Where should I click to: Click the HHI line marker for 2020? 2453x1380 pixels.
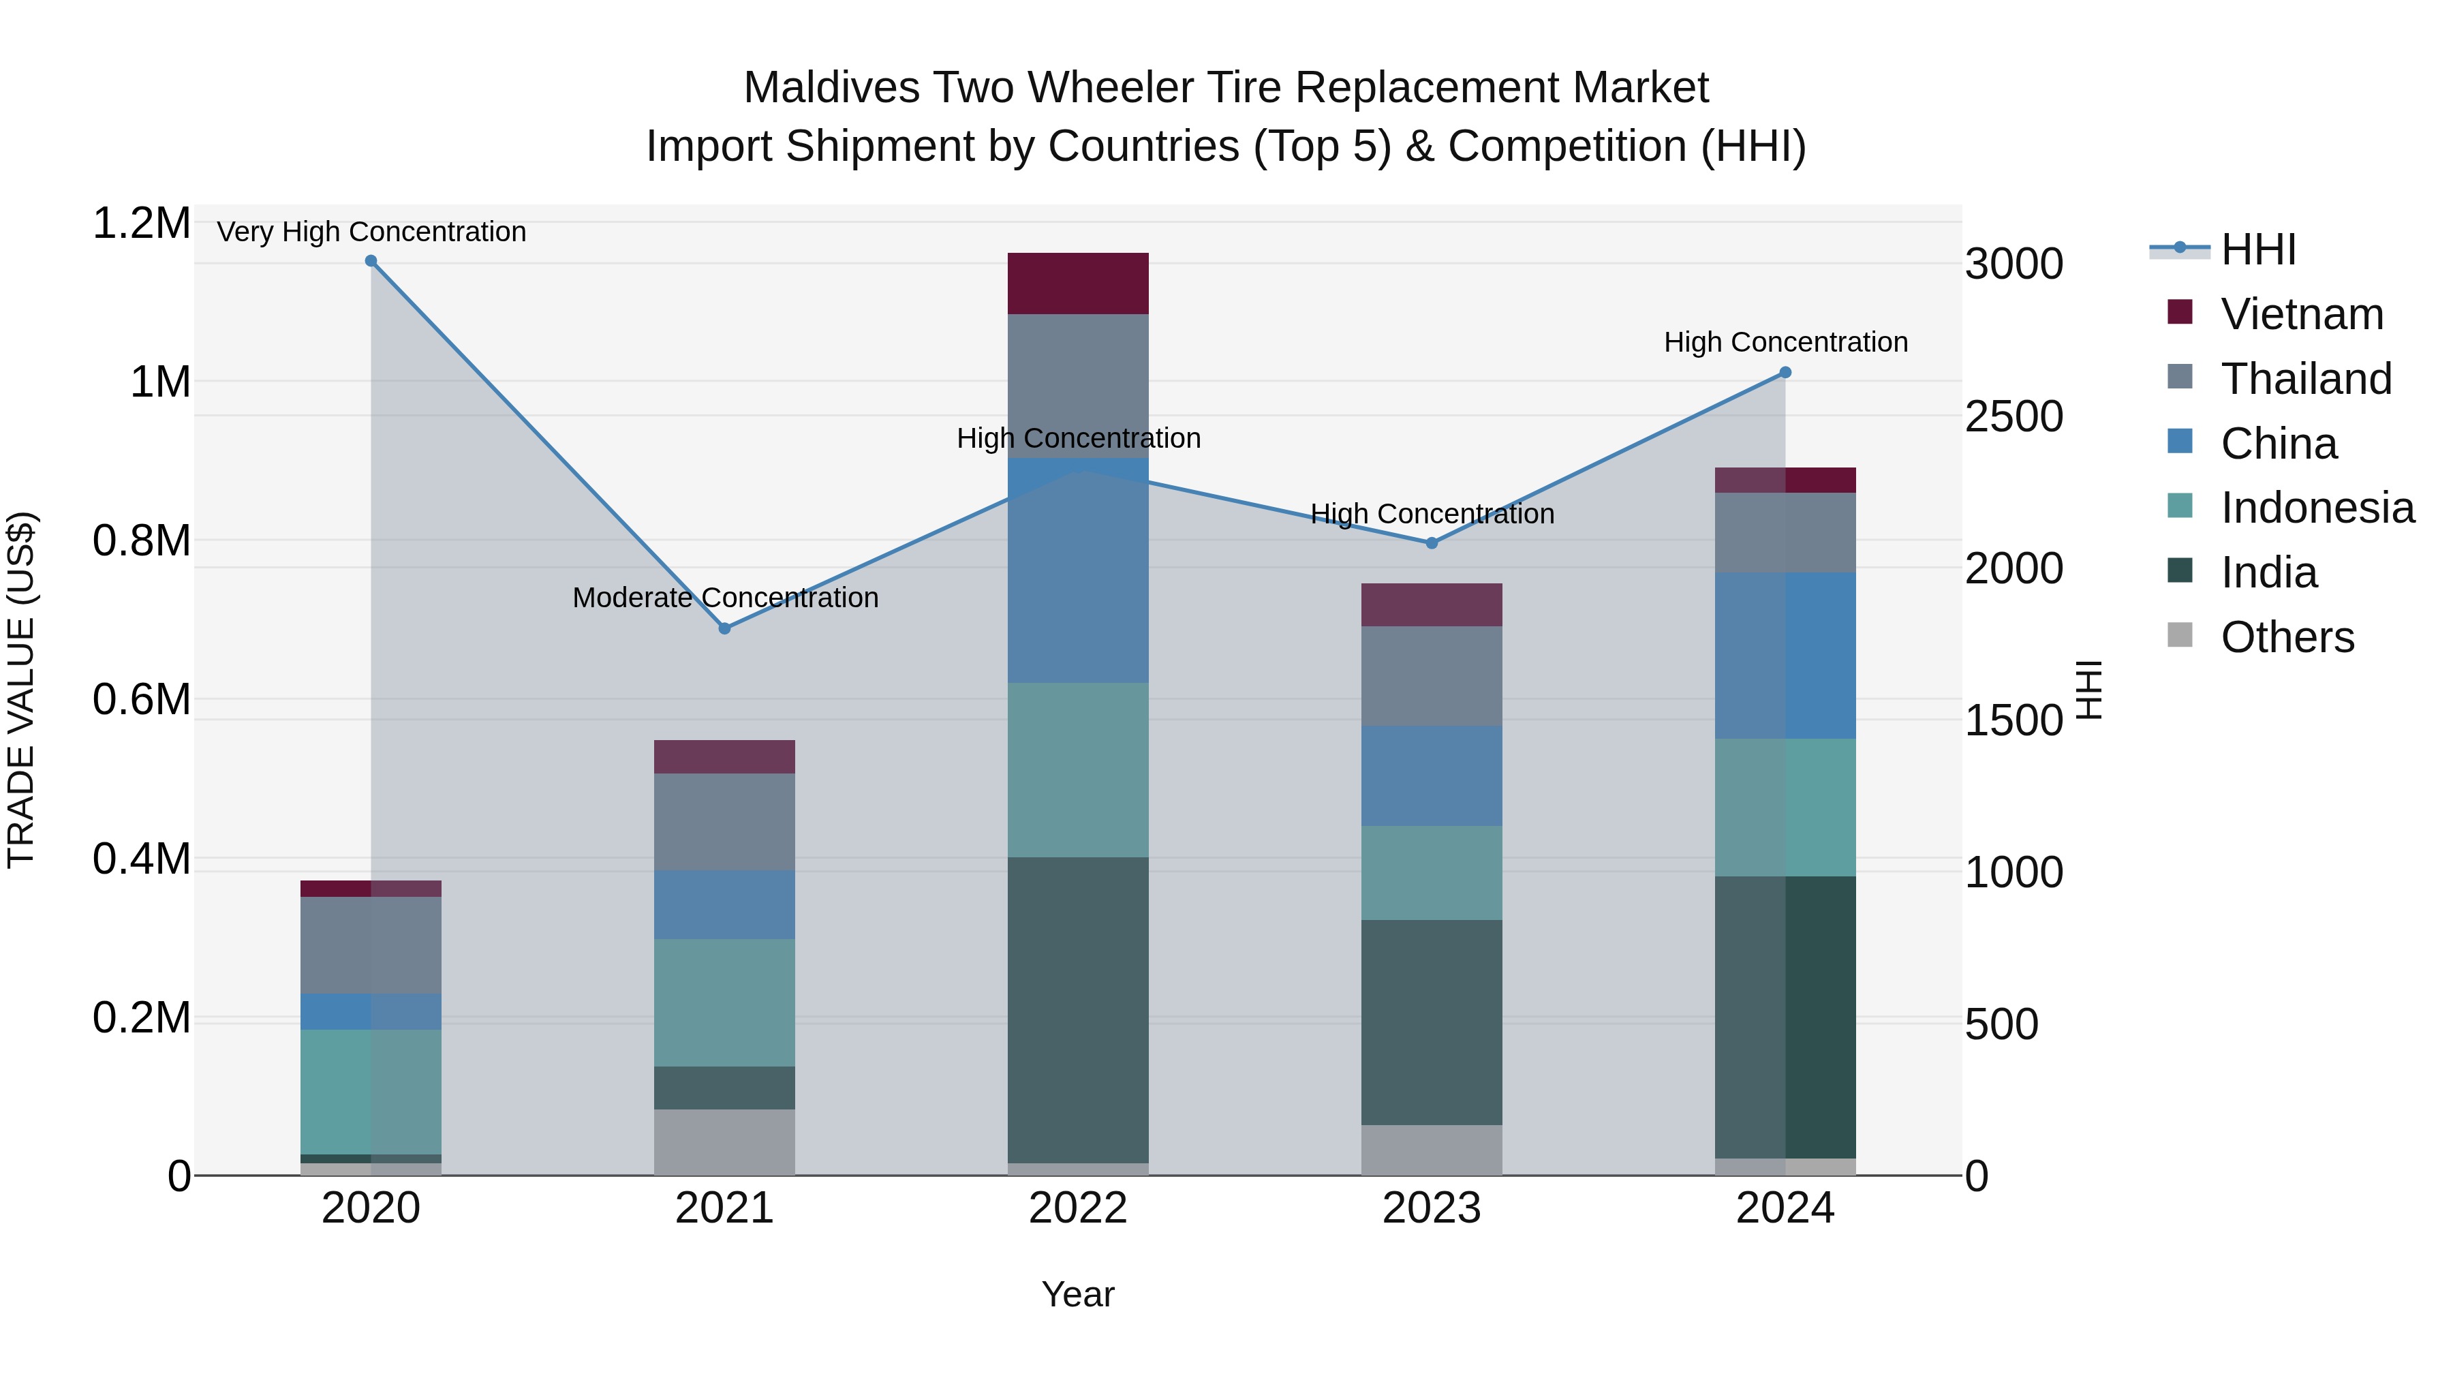coord(371,261)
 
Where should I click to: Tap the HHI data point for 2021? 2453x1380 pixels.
coord(725,628)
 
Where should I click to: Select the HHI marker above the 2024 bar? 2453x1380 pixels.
coord(1785,372)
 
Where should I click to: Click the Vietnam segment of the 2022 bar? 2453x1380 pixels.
coord(1078,283)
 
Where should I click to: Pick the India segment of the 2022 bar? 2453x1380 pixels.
coord(1078,1009)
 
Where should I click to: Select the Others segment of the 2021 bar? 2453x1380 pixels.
coord(725,1142)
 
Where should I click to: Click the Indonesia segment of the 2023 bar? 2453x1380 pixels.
coord(1431,872)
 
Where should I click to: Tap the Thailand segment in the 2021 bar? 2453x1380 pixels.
coord(725,821)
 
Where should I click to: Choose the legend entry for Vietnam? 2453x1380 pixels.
coord(2302,314)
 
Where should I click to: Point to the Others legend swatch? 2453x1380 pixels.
coord(2180,635)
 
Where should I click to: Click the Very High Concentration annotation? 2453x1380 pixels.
coord(371,232)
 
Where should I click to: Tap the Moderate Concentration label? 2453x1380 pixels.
coord(725,597)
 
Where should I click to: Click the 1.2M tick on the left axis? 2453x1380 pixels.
coord(141,224)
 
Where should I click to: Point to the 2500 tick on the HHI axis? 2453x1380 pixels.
coord(2013,416)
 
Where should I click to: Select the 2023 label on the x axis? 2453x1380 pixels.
coord(1431,1208)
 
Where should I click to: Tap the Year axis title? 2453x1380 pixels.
coord(1077,1294)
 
